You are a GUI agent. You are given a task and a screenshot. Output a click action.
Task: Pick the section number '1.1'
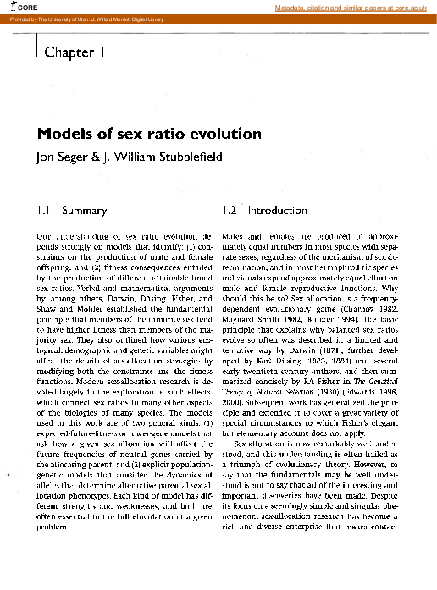[x=43, y=210]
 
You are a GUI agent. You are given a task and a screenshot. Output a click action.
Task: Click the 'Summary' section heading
[x=85, y=210]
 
